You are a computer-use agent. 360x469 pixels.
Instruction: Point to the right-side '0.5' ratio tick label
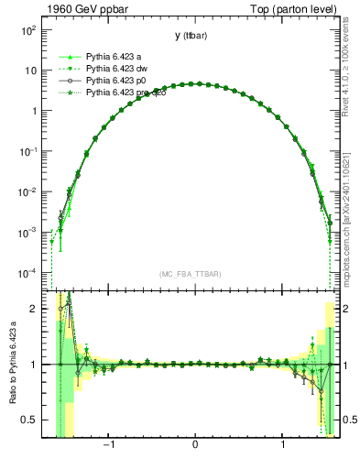[349, 420]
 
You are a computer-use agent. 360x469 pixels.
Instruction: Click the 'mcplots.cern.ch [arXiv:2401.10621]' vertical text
[349, 210]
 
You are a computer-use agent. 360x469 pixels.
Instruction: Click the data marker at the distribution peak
[195, 83]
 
